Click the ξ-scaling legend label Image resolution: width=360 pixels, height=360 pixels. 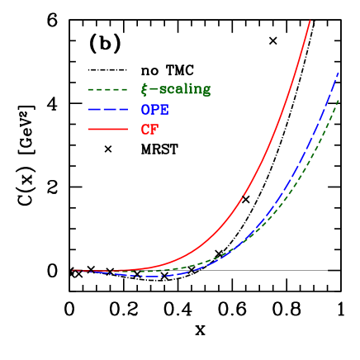pyautogui.click(x=176, y=89)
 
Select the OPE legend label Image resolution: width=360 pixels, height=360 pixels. pyautogui.click(x=154, y=110)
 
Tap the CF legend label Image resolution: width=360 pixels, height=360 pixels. pyautogui.click(x=149, y=130)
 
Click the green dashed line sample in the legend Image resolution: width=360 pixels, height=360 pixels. pyautogui.click(x=107, y=89)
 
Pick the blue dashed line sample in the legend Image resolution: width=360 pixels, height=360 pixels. pyautogui.click(x=107, y=109)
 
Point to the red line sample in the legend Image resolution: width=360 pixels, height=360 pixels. pyautogui.click(x=107, y=130)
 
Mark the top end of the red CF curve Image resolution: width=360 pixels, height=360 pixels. pyautogui.click(x=310, y=20)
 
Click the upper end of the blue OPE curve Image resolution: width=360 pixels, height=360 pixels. pyautogui.click(x=339, y=73)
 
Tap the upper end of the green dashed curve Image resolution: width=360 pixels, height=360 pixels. pyautogui.click(x=339, y=99)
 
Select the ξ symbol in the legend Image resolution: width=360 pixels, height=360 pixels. pyautogui.click(x=144, y=89)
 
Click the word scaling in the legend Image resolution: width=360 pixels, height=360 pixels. pyautogui.click(x=185, y=89)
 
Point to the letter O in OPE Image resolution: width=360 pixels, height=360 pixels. pyautogui.click(x=145, y=110)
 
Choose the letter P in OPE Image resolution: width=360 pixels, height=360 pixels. pyautogui.click(x=154, y=110)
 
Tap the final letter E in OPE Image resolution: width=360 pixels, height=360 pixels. pyautogui.click(x=163, y=110)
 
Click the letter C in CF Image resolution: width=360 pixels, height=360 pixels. pyautogui.click(x=145, y=130)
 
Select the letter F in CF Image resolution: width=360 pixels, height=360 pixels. pyautogui.click(x=154, y=130)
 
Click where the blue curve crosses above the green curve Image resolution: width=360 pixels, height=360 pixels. pyautogui.click(x=236, y=246)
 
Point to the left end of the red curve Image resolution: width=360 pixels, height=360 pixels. pyautogui.click(x=73, y=270)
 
